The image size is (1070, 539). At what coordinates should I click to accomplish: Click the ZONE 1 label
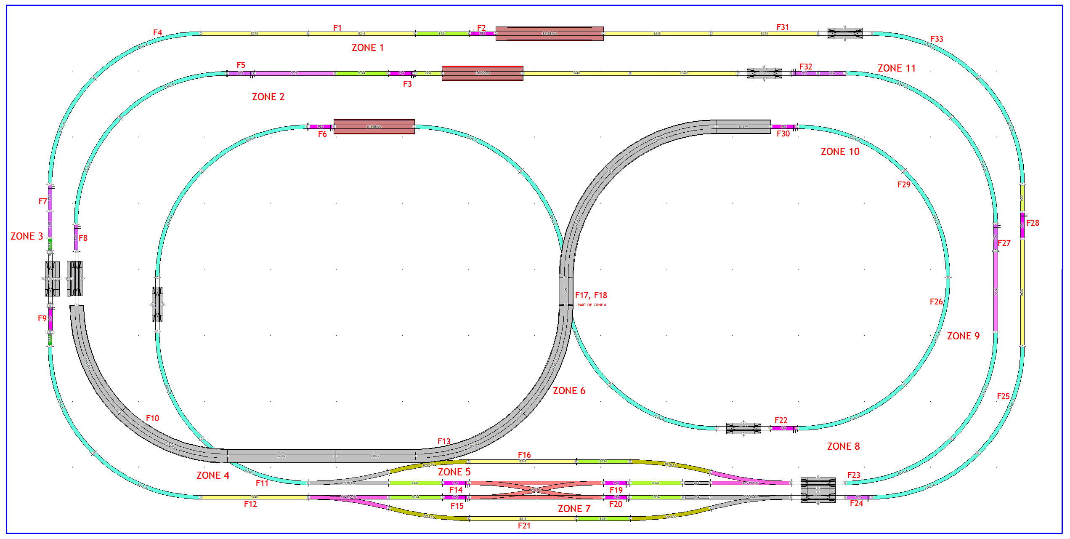(367, 48)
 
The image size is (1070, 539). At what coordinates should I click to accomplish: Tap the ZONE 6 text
(569, 391)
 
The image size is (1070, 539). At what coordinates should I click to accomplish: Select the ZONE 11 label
(896, 68)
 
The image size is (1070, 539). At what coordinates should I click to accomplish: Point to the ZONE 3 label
(27, 236)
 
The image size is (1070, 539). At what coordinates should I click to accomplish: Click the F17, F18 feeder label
(591, 296)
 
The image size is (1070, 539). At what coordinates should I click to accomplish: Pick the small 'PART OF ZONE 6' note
(592, 305)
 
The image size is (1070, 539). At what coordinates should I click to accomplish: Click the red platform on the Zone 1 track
(549, 34)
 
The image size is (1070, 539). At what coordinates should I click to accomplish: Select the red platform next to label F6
(374, 126)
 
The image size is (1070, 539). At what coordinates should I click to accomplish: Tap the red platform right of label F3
(482, 73)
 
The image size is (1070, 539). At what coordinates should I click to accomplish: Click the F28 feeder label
(1033, 223)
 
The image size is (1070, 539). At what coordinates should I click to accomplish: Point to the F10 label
(152, 418)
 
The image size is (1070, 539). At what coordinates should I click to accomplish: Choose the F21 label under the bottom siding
(524, 526)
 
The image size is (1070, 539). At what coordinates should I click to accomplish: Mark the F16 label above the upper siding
(524, 455)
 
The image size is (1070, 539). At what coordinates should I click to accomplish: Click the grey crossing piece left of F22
(743, 428)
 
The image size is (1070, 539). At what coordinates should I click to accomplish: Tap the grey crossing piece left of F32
(764, 73)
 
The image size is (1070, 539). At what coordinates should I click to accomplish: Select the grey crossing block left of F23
(818, 490)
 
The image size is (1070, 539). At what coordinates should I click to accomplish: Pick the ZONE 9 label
(963, 336)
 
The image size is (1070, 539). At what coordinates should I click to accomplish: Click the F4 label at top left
(157, 32)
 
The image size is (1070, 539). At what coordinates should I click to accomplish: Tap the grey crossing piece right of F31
(844, 33)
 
